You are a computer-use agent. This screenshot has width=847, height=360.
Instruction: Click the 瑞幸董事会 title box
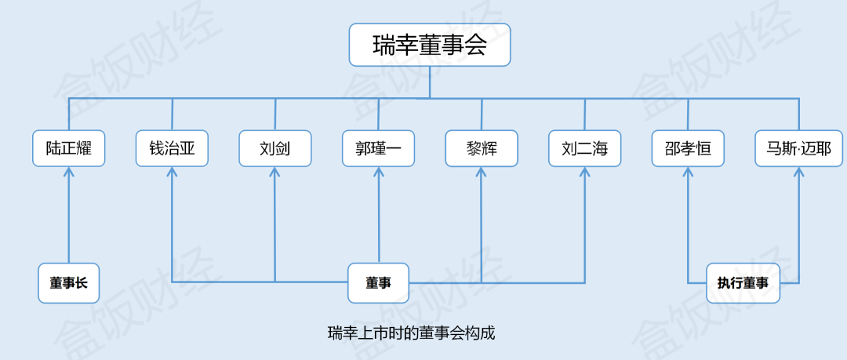coord(429,45)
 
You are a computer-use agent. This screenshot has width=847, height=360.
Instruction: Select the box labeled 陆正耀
coord(69,148)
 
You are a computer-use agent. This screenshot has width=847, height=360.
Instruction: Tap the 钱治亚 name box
coord(172,148)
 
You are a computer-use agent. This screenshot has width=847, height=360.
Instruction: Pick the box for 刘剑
coord(275,148)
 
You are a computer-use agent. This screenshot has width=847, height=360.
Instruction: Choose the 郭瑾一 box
coord(379,148)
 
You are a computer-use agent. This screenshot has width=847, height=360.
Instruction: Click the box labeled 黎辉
coord(482,148)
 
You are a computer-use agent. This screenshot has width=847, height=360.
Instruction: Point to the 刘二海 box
coord(585,148)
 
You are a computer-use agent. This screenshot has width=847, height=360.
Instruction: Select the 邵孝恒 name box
coord(688,148)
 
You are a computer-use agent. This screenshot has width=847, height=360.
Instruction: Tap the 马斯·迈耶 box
coord(798,148)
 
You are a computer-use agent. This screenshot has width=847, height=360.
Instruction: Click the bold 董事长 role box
coord(69,283)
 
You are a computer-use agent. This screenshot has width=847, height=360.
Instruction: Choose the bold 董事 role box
coord(379,283)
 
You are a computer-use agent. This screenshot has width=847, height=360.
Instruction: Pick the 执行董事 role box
coord(743,283)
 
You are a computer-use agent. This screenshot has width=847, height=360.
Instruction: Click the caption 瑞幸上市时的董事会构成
coord(412,333)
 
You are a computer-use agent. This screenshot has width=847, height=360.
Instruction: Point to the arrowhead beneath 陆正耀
coord(69,173)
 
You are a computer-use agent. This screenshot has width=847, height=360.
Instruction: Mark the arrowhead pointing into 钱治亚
coord(172,173)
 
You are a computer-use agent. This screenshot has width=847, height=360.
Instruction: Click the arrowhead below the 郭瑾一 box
coord(379,173)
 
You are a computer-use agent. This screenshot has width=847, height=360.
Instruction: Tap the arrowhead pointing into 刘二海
coord(585,173)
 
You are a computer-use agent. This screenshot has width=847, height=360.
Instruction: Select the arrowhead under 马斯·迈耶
coord(798,173)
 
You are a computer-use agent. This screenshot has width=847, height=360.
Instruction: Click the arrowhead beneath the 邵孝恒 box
coord(688,173)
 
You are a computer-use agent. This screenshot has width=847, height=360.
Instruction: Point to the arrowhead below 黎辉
coord(482,173)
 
